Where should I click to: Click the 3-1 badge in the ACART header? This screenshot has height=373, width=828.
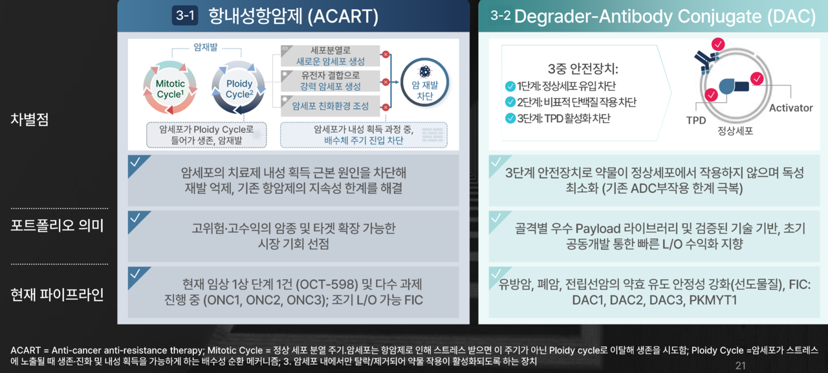coord(185,16)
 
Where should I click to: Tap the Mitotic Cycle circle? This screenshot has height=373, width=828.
coord(170,88)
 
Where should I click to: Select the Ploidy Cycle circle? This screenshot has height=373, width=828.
coord(239,88)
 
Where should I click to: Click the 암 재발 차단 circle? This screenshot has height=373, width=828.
coord(425,82)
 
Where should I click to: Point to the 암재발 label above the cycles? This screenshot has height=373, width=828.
coord(206,47)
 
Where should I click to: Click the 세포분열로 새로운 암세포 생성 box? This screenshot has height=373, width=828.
coord(330,56)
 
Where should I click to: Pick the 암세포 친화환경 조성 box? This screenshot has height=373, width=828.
coord(330,106)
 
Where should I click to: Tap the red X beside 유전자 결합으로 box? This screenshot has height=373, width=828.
coord(386,82)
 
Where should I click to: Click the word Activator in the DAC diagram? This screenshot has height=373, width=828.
coord(790,108)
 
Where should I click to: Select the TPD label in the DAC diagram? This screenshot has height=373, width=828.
coord(696,120)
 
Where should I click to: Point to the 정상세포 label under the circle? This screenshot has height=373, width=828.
coord(735,131)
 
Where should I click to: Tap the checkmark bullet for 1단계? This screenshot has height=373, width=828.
coord(510,87)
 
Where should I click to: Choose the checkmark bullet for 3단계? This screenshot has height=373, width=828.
coord(510,119)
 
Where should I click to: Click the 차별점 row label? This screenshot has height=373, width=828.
coord(30,119)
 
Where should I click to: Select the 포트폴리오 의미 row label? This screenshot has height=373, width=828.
coord(58,225)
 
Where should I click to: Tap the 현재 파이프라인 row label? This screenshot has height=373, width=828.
coord(58,295)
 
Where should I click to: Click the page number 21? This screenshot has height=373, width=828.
coord(741,366)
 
